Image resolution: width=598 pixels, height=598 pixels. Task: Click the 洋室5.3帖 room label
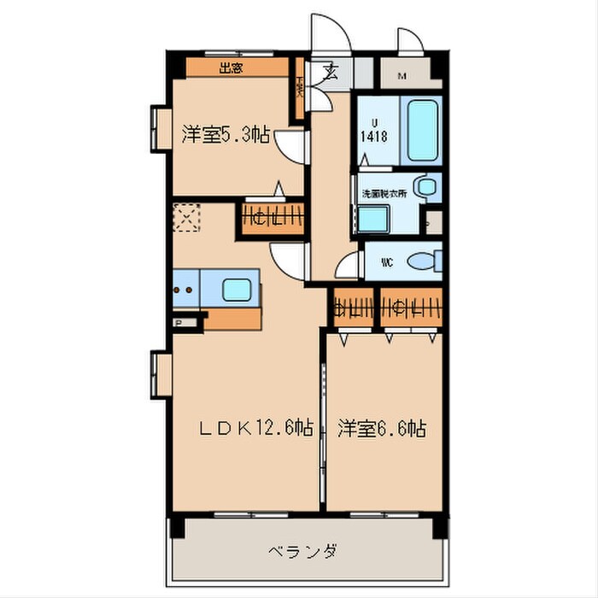pos(226,134)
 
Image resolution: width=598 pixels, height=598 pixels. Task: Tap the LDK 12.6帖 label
pos(255,428)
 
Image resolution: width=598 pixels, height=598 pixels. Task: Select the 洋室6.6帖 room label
pos(381,428)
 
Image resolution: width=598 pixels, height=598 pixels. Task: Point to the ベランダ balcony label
pos(302,550)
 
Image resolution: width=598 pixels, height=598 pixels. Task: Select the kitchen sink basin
pos(239,288)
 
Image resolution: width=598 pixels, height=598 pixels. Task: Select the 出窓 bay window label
pos(230,69)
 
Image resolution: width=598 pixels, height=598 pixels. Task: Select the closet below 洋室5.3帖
pos(273,218)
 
